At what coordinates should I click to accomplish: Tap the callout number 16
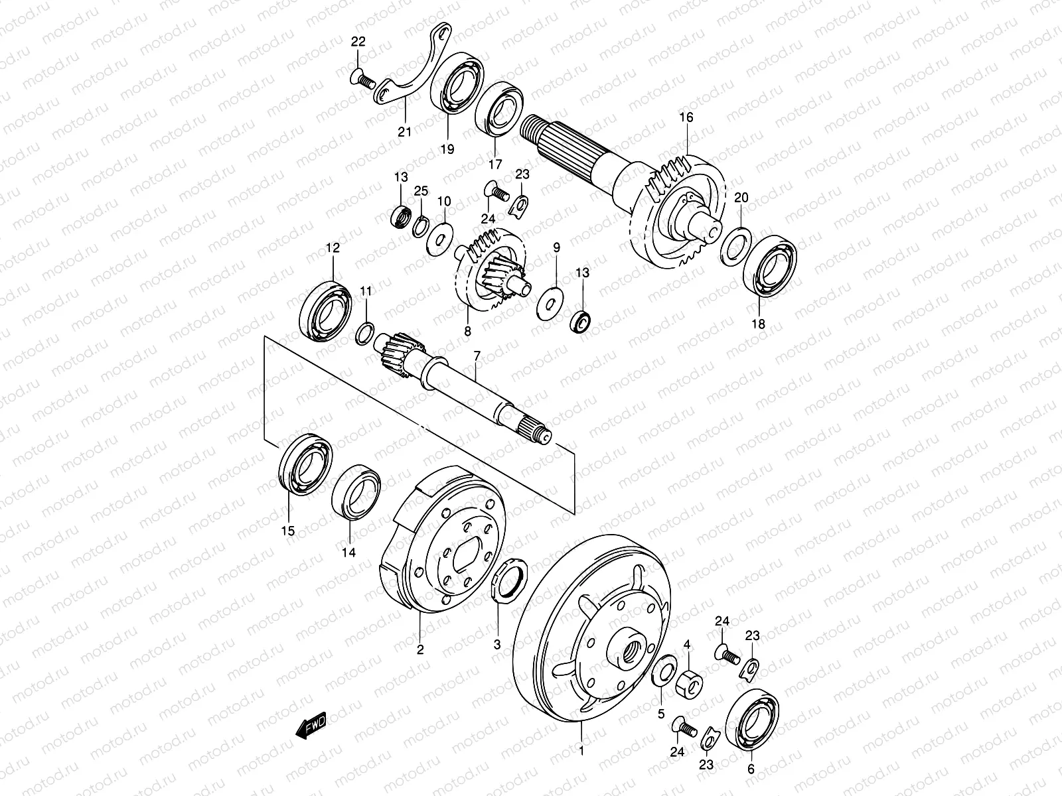click(x=686, y=117)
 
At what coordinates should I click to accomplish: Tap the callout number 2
click(x=419, y=650)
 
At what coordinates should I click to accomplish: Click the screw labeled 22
click(x=361, y=80)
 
